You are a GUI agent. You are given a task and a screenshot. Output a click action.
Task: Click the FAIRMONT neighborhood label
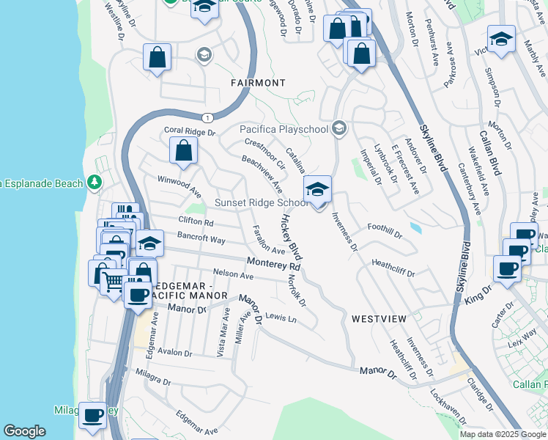tap(258, 83)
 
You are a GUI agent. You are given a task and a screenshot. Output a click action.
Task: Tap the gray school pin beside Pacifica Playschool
tap(338, 128)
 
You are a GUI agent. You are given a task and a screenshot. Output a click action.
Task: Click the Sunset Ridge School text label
tap(261, 202)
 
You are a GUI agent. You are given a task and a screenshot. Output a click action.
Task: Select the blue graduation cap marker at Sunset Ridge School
tap(317, 189)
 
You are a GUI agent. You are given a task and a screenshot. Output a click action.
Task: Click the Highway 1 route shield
tap(207, 117)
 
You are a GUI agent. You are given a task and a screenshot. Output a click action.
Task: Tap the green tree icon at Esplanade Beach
tap(93, 181)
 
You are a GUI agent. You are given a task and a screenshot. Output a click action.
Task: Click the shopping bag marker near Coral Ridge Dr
tap(183, 151)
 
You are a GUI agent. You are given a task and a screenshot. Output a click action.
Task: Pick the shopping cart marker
tap(113, 281)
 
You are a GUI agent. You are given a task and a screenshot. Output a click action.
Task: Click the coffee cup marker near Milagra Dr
tap(92, 415)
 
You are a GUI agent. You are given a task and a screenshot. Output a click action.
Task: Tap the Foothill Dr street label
tap(385, 232)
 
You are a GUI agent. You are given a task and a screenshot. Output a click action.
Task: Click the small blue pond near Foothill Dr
tap(416, 228)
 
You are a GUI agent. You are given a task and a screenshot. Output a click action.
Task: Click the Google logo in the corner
tap(24, 431)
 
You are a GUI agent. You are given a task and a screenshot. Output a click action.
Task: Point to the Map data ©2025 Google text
tap(503, 434)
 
